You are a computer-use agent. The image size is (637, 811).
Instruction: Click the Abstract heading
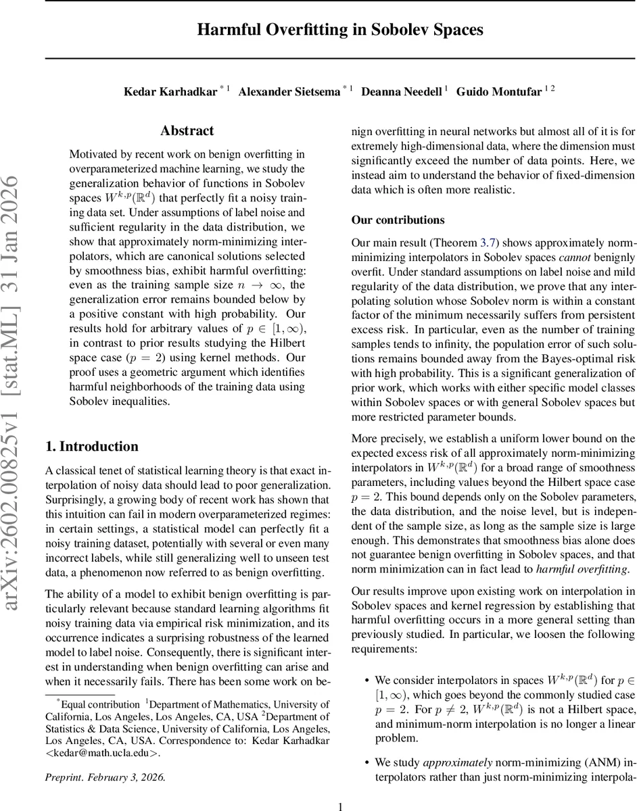click(x=187, y=130)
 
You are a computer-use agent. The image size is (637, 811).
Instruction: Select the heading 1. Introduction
click(x=91, y=446)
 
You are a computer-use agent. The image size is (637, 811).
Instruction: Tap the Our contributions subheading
click(x=398, y=220)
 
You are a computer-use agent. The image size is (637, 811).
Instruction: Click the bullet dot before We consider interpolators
click(x=366, y=680)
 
